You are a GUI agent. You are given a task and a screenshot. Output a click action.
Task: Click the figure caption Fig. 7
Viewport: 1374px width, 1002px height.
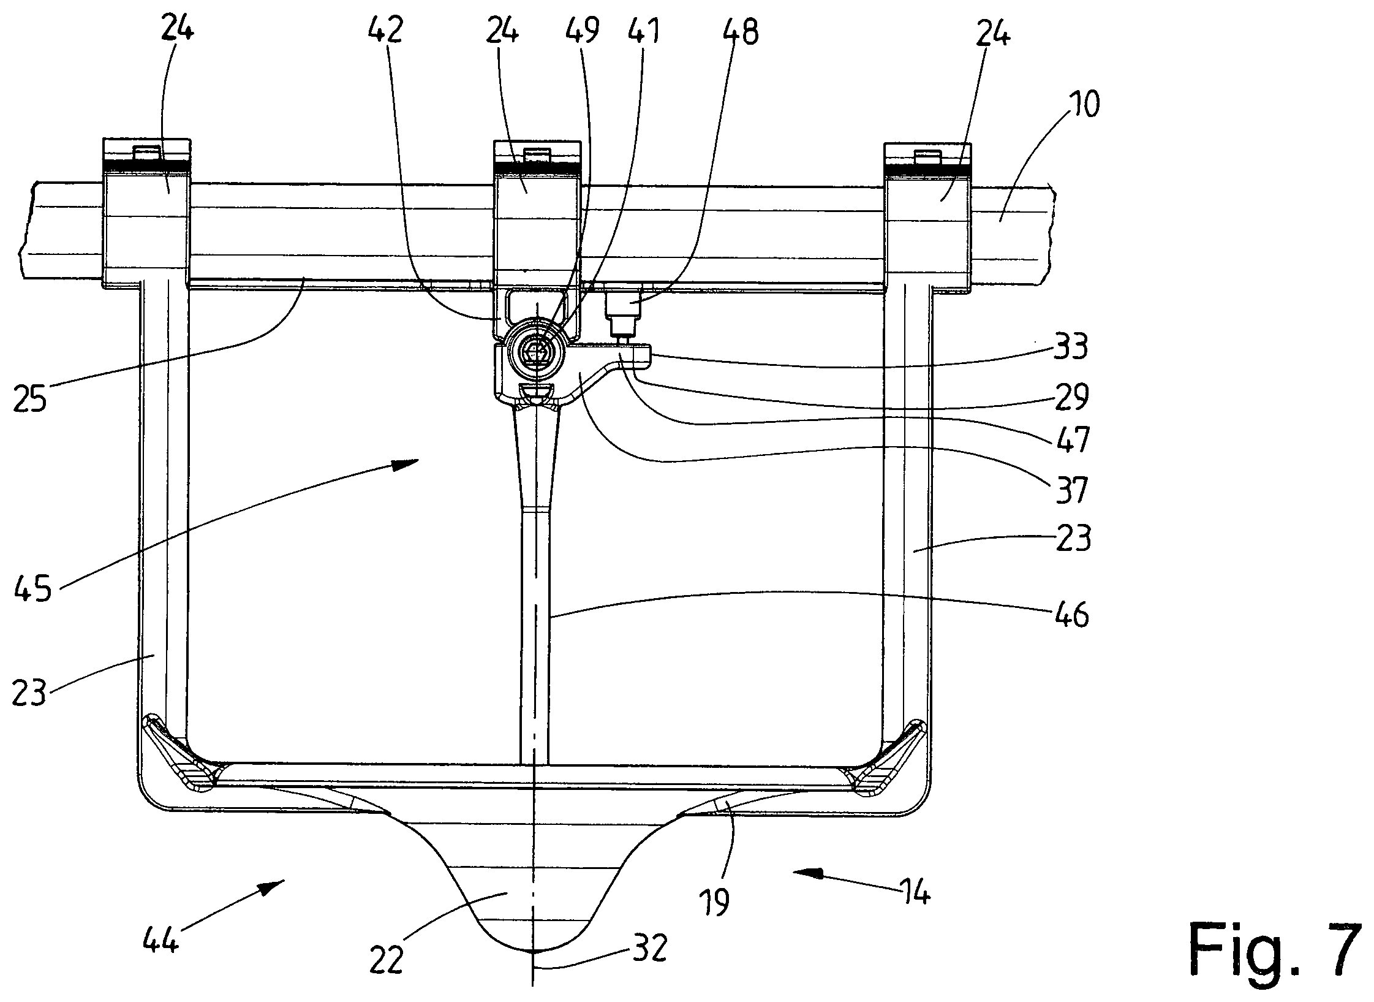pos(1275,957)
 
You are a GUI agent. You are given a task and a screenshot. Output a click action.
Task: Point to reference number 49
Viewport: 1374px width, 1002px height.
pos(583,31)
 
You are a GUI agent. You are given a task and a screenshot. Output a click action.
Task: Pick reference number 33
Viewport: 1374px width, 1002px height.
pos(1069,347)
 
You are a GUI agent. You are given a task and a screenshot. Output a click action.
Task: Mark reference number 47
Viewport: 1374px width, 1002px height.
pos(1071,440)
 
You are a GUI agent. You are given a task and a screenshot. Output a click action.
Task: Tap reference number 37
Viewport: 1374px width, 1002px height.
pos(1070,490)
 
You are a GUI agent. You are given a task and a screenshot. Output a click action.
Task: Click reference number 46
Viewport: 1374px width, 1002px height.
pos(1071,614)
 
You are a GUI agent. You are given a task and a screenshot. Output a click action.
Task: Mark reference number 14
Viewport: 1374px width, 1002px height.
pos(914,894)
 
